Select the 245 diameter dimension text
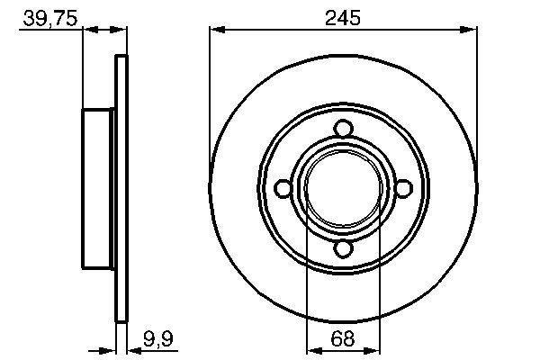coord(343,18)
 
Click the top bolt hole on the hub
coord(342,128)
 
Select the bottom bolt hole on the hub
coord(342,249)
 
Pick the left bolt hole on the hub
coord(282,188)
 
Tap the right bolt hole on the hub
coord(403,188)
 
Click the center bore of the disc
coord(342,188)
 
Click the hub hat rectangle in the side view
coord(100,188)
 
